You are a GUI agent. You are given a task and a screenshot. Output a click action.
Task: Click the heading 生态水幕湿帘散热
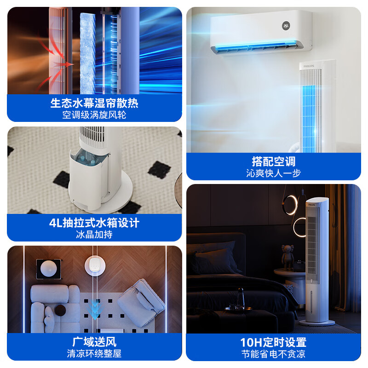click(x=94, y=103)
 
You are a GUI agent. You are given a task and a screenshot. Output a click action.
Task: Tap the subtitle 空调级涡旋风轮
click(x=94, y=115)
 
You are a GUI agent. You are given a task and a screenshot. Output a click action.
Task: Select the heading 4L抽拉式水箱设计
click(x=94, y=223)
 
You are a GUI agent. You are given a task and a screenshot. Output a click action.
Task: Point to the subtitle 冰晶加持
click(x=94, y=235)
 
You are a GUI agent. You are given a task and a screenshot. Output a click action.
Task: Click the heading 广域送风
click(x=94, y=342)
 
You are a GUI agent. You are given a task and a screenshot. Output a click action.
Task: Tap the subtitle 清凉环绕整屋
click(x=94, y=354)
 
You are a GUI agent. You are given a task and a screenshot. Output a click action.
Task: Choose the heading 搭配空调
click(x=274, y=161)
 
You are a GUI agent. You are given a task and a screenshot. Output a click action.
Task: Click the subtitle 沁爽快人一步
click(x=274, y=173)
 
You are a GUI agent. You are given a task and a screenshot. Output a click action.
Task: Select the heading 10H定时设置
click(x=274, y=342)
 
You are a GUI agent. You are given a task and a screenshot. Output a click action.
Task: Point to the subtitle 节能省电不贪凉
click(x=274, y=354)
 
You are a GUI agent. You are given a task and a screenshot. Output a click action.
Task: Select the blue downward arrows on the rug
click(x=95, y=310)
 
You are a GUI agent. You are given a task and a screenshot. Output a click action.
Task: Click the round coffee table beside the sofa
click(x=61, y=310)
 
